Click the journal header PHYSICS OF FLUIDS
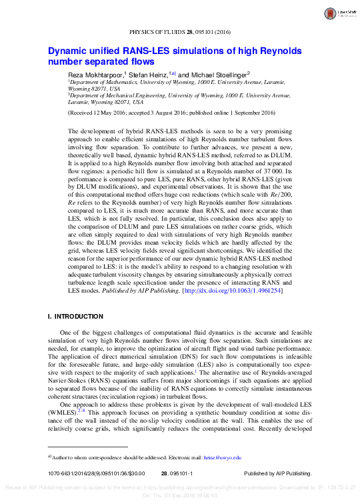pos(156,32)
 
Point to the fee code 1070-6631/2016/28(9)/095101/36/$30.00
pos(88,473)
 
